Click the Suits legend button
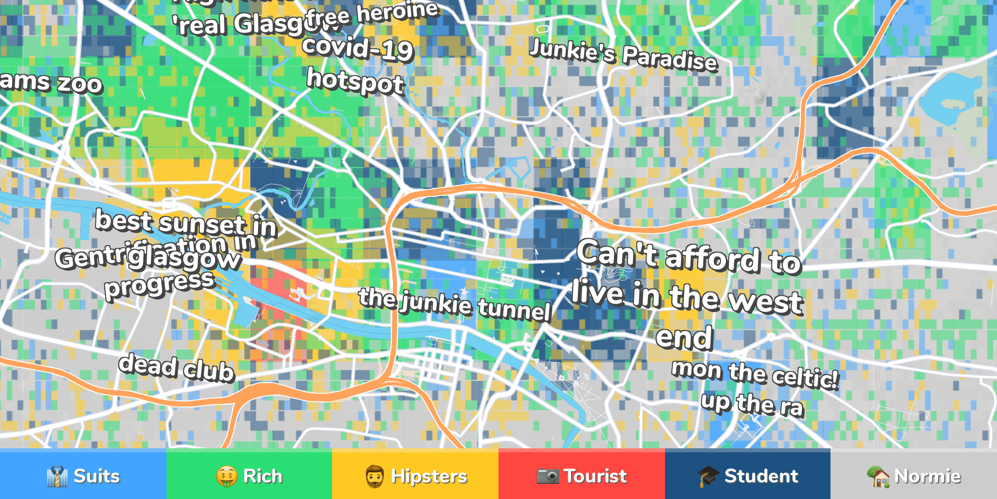tap(83, 475)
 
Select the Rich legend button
tap(249, 475)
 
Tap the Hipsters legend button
tap(415, 475)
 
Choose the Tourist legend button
tap(581, 475)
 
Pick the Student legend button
tap(748, 475)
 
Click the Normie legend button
tap(914, 475)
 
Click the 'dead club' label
tap(176, 368)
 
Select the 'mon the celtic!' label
tap(755, 374)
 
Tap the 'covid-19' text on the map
tap(358, 49)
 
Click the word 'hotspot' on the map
tap(355, 82)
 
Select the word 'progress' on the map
tap(160, 285)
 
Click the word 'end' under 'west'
tap(684, 337)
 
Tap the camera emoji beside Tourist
tap(548, 476)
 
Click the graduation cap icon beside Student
tap(708, 476)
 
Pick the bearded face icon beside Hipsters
tap(375, 476)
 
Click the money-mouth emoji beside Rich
tap(227, 476)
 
